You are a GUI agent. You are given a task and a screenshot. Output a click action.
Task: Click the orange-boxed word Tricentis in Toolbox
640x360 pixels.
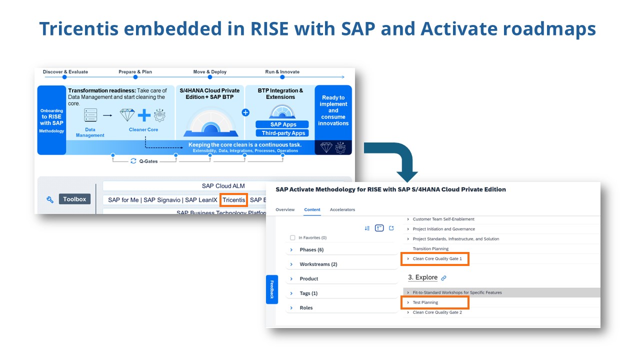point(234,200)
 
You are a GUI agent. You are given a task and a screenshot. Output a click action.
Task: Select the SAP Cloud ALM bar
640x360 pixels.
point(223,186)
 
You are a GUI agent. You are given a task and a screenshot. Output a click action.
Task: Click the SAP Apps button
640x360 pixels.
point(283,124)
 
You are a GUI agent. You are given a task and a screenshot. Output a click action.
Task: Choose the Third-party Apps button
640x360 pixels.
point(282,133)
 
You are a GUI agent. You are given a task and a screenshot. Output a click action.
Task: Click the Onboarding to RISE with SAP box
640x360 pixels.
point(52,120)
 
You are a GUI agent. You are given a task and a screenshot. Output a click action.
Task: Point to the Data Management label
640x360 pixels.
point(90,132)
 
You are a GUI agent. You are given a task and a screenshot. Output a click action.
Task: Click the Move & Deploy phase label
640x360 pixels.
point(210,72)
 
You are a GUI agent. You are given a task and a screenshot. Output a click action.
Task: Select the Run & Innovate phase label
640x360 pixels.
point(282,72)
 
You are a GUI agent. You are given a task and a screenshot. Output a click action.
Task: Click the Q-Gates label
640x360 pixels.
point(148,161)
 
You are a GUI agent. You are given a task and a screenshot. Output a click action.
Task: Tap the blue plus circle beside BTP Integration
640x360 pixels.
point(245,112)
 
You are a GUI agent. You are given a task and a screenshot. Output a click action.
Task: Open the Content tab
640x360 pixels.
point(312,209)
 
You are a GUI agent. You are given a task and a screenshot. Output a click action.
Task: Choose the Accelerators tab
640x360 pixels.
point(342,209)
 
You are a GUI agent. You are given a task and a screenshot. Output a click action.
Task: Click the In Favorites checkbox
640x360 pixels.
point(293,238)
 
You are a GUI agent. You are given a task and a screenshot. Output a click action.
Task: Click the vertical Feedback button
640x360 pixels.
point(272,289)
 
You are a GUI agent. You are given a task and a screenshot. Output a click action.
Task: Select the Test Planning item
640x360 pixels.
point(425,302)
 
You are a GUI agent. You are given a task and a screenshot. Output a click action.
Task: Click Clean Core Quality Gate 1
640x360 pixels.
point(437,259)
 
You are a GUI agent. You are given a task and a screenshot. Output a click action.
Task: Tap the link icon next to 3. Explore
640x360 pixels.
point(443,278)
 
